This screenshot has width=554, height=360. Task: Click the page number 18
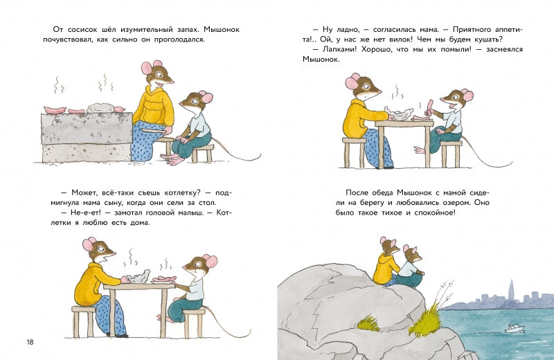pyautogui.click(x=30, y=342)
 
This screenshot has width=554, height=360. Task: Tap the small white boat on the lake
pyautogui.click(x=514, y=329)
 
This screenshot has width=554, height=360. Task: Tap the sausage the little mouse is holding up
pyautogui.click(x=430, y=107)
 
